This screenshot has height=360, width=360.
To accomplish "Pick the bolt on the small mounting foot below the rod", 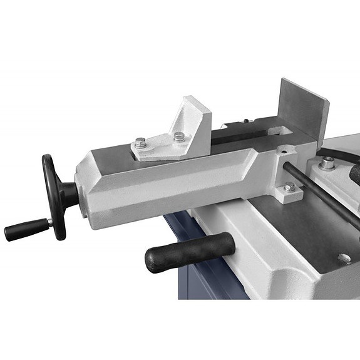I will [x=289, y=186].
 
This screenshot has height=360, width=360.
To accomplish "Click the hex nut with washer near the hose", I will [x=326, y=164].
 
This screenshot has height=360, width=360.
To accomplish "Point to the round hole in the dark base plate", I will [x=343, y=257].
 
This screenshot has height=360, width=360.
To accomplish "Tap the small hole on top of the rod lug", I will [x=284, y=150].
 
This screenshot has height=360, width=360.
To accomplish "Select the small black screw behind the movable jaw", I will [x=247, y=121].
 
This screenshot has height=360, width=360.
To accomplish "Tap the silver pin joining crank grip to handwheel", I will [x=45, y=223].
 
